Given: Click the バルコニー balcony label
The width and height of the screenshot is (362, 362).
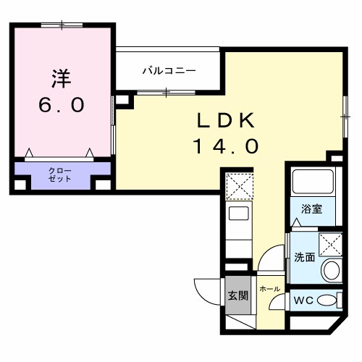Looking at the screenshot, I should point(169,70).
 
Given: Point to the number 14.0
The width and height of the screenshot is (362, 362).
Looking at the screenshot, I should point(225,147).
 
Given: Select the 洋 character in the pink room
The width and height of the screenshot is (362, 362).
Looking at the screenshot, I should point(62,77).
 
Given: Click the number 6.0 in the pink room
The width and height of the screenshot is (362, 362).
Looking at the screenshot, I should point(62,104).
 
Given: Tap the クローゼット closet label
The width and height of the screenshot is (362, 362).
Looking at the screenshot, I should point(60,174).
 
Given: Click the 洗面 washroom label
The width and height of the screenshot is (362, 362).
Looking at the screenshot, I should point(304,257).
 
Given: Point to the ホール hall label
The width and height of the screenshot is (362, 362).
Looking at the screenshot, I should point(269,289).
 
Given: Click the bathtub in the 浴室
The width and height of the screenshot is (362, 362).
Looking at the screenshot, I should point(312,182).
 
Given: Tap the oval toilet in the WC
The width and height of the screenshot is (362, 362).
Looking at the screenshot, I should point(328,300).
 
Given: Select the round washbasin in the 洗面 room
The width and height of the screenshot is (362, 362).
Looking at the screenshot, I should point(331,271).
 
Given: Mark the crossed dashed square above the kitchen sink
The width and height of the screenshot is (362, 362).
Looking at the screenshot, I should point(238,186).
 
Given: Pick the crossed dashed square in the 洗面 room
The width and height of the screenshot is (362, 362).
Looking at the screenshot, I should point(331,244).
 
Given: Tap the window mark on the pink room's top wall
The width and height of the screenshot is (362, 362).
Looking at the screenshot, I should point(62,25).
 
